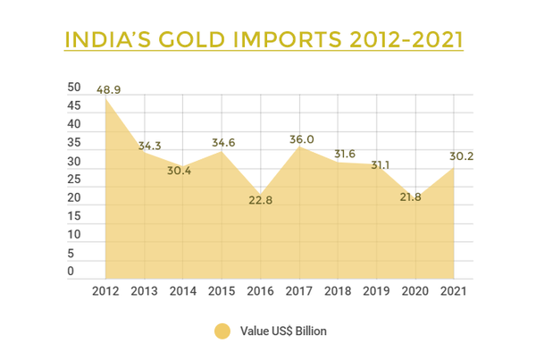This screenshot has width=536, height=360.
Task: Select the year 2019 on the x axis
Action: (x=375, y=292)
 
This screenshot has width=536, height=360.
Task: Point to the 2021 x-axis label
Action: (x=452, y=292)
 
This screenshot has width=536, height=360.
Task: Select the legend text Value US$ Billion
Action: (x=283, y=331)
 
